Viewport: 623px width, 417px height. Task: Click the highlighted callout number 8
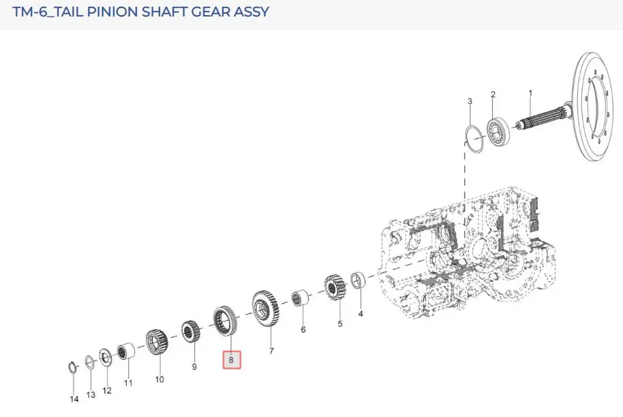coord(231,360)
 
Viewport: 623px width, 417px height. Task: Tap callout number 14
coord(74,399)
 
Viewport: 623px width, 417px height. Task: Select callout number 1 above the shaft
coord(530,93)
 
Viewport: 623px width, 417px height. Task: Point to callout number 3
coord(470,101)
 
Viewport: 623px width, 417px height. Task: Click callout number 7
coord(271,351)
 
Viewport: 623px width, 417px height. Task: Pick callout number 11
coord(128,383)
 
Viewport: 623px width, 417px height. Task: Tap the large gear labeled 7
coord(265,310)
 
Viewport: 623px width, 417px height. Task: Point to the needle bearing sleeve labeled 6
coord(300,298)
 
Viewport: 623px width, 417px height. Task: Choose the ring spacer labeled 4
coord(358,281)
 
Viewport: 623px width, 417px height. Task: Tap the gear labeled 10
coord(157,342)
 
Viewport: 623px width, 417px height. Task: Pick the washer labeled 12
coord(105,357)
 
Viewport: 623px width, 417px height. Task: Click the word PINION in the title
coord(112,12)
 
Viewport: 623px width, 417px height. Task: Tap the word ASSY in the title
coord(251,12)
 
